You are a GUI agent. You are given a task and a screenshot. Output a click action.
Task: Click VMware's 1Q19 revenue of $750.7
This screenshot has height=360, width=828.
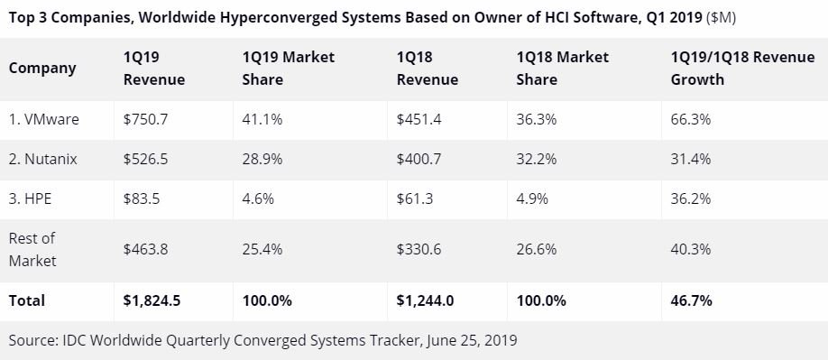146,120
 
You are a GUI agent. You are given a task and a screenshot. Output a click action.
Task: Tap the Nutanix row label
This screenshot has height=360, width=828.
43,159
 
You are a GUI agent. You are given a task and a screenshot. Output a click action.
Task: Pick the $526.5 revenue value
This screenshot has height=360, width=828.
146,159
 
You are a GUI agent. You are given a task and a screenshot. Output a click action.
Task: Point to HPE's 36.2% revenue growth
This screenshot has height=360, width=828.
691,198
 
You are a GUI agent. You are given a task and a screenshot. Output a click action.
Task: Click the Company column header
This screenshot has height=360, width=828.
42,68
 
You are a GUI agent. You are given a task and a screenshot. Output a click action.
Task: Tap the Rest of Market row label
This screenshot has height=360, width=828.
32,249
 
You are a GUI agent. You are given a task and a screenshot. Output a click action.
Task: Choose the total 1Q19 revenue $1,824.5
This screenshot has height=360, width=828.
152,300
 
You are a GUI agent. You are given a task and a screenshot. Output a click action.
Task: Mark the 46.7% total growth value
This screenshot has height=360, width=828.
691,300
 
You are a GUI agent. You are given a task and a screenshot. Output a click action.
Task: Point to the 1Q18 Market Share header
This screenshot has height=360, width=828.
562,68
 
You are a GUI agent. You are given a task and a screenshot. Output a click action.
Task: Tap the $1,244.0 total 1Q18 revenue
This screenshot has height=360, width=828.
425,300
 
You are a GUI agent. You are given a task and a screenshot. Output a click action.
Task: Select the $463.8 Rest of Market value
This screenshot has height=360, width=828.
146,249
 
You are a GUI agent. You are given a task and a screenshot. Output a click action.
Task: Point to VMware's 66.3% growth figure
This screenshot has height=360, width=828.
691,120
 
